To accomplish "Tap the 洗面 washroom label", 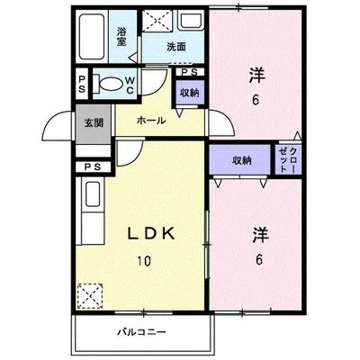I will [176, 47].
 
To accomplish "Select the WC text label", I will [130, 84].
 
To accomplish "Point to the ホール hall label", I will [150, 120].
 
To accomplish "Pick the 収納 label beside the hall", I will [188, 92].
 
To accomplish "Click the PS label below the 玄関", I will [92, 166].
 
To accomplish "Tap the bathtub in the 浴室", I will [92, 37].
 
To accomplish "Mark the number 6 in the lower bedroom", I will [259, 261].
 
